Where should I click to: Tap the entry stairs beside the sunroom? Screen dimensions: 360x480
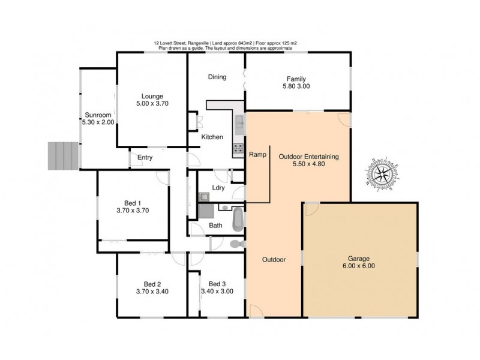pos(63,156)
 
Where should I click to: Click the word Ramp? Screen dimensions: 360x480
pos(257,154)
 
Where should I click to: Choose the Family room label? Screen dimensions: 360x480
pos(296,79)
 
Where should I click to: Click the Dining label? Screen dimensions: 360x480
pos(217,77)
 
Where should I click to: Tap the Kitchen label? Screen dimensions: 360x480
pos(212,137)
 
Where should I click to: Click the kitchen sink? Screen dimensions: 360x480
pos(238,124)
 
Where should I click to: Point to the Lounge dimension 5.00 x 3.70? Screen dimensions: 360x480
pos(152,103)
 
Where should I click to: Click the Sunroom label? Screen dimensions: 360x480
pos(97,114)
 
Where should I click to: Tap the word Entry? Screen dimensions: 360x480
pos(145,158)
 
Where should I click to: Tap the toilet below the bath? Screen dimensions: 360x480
pos(236,244)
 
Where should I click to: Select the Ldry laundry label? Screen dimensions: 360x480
pos(219,188)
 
